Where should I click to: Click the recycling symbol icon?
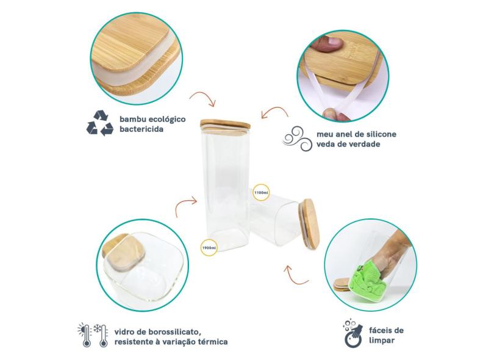click(100, 123)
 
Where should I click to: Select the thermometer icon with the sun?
click(85, 335)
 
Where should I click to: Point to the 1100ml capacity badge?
click(261, 192)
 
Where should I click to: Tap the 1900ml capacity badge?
click(209, 247)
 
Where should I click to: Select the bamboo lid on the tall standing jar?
click(225, 124)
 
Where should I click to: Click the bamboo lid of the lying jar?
click(310, 224)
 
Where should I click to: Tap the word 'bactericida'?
click(141, 129)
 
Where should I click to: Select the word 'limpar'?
click(382, 340)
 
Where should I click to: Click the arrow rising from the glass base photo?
click(183, 203)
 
